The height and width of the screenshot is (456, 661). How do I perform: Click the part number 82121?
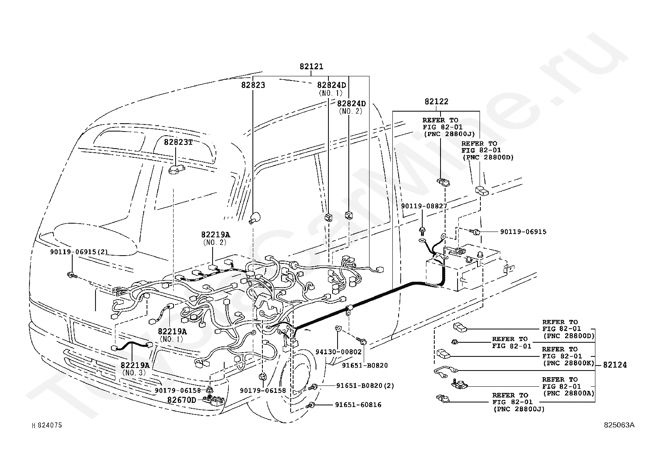click(x=311, y=67)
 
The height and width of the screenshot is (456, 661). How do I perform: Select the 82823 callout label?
click(x=253, y=85)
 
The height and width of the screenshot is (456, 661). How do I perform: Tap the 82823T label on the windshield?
click(x=178, y=142)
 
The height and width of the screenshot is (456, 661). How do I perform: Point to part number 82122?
click(x=436, y=102)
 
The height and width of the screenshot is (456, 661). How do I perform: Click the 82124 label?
click(x=614, y=365)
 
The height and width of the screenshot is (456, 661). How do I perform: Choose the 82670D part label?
click(x=181, y=400)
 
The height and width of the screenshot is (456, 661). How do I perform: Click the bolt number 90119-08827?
click(x=424, y=206)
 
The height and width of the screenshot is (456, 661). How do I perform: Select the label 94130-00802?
click(x=338, y=352)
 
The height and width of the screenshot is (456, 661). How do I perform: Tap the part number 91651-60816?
click(x=358, y=405)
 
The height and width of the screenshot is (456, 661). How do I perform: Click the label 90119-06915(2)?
click(x=79, y=252)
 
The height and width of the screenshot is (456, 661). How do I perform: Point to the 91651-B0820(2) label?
click(x=365, y=386)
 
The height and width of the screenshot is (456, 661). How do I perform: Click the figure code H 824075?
click(x=47, y=425)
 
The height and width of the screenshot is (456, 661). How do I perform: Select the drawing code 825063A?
click(x=619, y=425)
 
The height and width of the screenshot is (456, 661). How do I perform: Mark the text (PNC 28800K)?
click(x=569, y=363)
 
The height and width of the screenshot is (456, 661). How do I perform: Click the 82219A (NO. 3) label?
click(x=135, y=369)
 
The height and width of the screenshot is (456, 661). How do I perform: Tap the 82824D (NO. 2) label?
click(x=351, y=107)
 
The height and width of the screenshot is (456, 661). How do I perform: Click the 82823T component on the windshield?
click(x=176, y=170)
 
